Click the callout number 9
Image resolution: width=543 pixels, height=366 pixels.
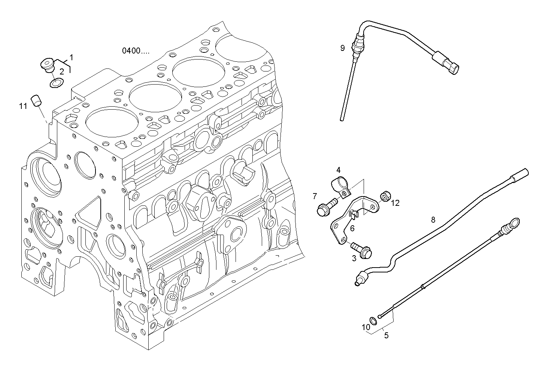pos(342,48)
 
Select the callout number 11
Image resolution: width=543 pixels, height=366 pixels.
pos(23,106)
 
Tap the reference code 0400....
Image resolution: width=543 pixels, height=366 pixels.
pos(135,51)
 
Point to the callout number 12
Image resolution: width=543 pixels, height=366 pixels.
pos(395,203)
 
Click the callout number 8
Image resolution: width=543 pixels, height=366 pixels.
pos(433,219)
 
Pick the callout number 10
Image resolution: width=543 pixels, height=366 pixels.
pos(365,327)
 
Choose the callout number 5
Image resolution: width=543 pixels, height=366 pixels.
pos(386,335)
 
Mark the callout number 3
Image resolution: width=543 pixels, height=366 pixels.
pos(354,258)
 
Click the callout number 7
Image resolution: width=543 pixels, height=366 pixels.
pos(315,196)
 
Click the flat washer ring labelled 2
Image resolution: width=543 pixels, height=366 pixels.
pos(57,83)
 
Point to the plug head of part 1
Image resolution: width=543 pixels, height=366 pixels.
pos(47,65)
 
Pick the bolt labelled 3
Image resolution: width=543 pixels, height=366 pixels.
pos(361,250)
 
